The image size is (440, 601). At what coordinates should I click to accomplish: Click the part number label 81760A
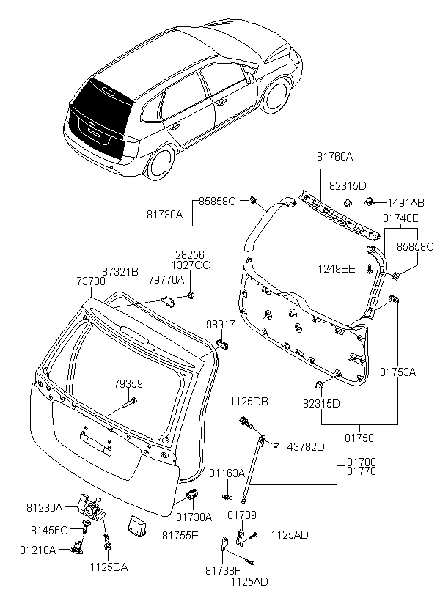(335, 157)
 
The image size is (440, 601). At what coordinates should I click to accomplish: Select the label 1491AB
(406, 202)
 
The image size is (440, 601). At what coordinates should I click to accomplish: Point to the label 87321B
(120, 271)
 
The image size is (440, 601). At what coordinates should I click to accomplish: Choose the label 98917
(221, 324)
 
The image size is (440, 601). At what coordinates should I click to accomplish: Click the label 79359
(128, 384)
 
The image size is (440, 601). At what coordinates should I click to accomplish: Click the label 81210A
(42, 549)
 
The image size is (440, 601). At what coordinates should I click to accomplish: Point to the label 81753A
(397, 372)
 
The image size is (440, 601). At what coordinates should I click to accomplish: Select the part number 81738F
(222, 569)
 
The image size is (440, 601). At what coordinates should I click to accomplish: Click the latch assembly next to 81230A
(89, 505)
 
